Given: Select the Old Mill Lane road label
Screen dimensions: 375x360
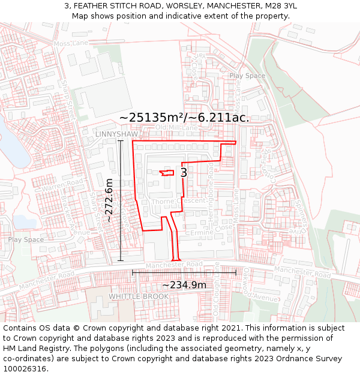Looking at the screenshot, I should point(176,128).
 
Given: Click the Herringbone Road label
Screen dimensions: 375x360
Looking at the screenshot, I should point(210,191).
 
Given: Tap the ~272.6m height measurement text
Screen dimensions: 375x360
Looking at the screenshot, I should point(109,200).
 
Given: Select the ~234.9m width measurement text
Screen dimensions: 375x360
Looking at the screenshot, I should point(184,284).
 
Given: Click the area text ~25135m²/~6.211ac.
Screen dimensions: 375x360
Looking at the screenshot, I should point(184,118).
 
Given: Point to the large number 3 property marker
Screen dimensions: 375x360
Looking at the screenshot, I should point(184,173).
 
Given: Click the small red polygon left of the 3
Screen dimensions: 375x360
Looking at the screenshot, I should point(167,173).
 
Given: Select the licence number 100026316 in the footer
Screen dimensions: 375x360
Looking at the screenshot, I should point(25,369).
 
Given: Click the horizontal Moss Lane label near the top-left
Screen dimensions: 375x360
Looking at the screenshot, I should point(71,44).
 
